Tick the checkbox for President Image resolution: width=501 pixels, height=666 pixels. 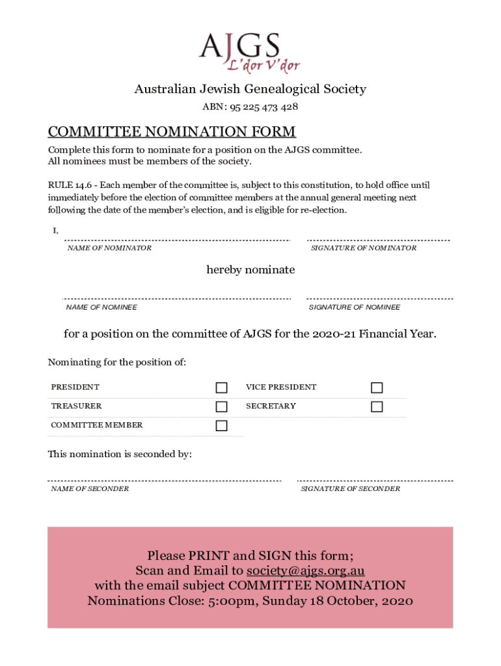pos(222,388)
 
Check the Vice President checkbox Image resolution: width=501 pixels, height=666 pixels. pos(377,388)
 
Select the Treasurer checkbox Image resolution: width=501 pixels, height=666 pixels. pos(222,406)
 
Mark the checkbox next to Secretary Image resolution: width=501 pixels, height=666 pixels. pos(377,406)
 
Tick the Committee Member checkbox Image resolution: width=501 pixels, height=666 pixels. pos(222,426)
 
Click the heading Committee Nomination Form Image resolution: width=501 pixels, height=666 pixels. pos(172,132)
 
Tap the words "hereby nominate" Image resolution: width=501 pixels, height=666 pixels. pos(251,269)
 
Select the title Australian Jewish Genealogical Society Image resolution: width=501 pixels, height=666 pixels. pos(251,89)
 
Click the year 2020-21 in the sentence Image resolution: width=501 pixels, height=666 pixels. pos(334,334)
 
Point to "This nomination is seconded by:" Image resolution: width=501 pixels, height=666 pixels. pos(120,454)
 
